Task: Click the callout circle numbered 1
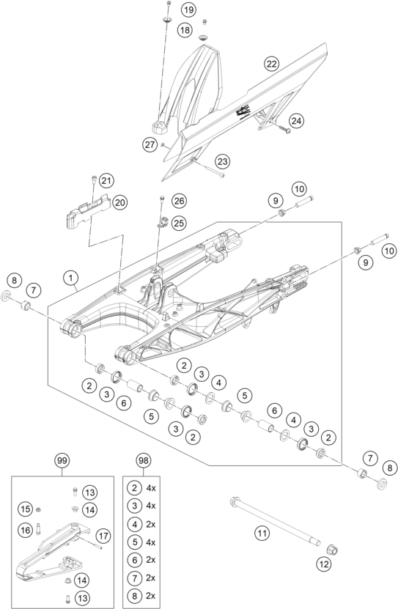pyautogui.click(x=70, y=278)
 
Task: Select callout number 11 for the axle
pyautogui.click(x=261, y=534)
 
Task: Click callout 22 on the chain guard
pyautogui.click(x=272, y=64)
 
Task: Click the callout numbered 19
pyautogui.click(x=188, y=10)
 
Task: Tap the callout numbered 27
pyautogui.click(x=150, y=145)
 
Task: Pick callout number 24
pyautogui.click(x=296, y=120)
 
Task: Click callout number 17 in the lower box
pyautogui.click(x=103, y=536)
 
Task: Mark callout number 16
pyautogui.click(x=24, y=529)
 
